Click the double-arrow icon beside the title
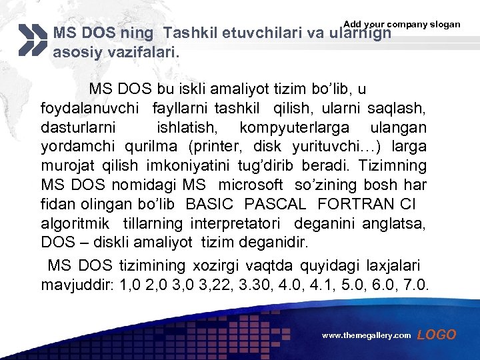tap(33, 40)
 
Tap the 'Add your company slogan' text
tap(401, 24)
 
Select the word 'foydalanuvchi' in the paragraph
tap(91, 107)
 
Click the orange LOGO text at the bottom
tap(437, 335)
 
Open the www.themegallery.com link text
tap(366, 336)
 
